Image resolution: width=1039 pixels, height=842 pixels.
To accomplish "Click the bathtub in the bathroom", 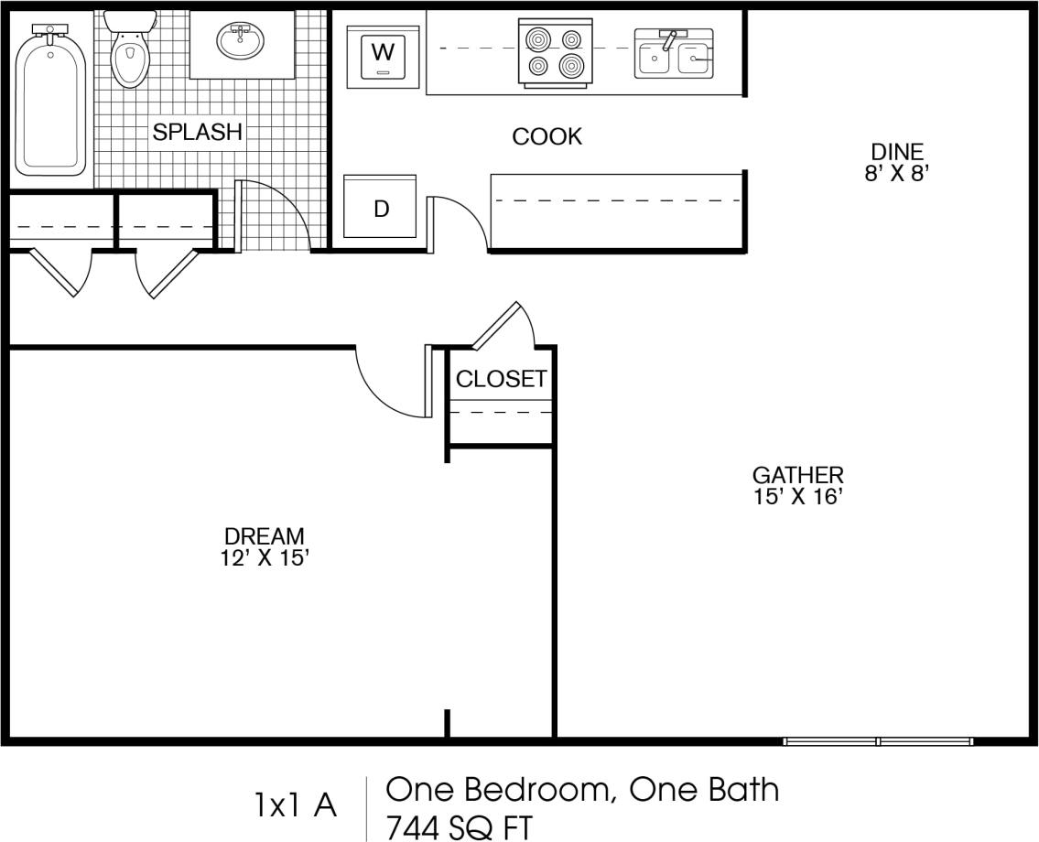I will (51, 101).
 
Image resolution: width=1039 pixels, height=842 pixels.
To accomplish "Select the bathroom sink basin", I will (241, 41).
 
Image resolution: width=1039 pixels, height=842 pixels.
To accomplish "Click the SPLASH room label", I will (197, 132).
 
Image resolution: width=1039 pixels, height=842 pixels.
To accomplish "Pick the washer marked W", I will (382, 56).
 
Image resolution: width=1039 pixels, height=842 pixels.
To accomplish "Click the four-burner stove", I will (551, 53).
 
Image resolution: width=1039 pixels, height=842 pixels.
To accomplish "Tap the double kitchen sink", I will (674, 54).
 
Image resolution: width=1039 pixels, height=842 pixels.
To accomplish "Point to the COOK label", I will (547, 136).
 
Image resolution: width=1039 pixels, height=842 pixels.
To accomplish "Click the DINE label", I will (896, 152).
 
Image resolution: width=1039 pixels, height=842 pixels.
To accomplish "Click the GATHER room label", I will (797, 475).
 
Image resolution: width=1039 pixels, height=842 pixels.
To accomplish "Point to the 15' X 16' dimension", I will (797, 497).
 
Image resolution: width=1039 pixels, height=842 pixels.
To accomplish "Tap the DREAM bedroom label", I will (264, 536).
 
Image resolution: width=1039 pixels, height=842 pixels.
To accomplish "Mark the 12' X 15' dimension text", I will (264, 558).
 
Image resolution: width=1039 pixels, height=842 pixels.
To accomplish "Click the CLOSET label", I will (501, 379).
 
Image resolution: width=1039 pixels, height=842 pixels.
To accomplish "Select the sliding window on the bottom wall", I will (877, 740).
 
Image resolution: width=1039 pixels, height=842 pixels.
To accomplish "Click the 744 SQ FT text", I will (458, 826).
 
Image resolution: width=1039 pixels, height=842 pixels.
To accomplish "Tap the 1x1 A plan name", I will (295, 805).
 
